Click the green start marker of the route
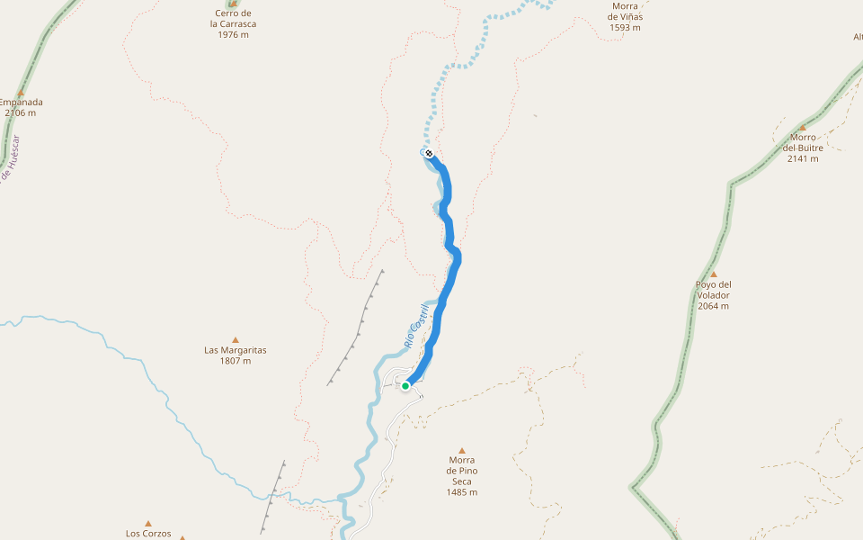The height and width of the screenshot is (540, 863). coord(405,386)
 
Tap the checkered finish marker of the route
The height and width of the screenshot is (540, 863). coord(429,153)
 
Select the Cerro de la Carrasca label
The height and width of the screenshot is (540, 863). coord(233,19)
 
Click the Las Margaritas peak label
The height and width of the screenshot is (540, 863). coord(236,350)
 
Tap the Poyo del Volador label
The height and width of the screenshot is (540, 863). coord(713,290)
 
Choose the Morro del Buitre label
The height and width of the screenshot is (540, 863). coord(803,143)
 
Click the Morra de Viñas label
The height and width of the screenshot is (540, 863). coord(625,11)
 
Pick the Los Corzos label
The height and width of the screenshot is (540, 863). coord(148,533)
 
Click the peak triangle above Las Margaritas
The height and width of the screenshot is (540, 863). coord(236,339)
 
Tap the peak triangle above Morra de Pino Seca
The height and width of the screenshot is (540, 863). coord(462,450)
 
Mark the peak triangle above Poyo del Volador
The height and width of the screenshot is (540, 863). coord(714,274)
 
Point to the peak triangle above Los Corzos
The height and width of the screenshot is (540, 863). coord(148,523)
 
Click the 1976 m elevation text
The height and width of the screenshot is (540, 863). coord(233,35)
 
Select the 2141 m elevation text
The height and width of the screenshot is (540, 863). coord(803,159)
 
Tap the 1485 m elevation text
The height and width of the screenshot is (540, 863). coord(462,492)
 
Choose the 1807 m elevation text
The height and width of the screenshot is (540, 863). coord(236,361)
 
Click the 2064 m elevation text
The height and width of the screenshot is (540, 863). coord(713,306)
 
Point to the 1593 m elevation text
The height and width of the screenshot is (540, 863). coord(625,28)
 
